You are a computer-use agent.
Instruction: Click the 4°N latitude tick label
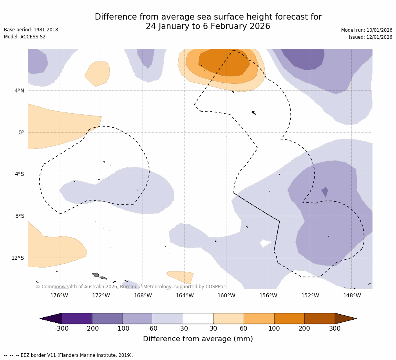point(19,91)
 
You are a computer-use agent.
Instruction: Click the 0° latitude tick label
point(21,132)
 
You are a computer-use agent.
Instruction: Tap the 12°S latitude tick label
point(18,258)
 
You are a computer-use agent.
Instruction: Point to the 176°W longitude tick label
point(59,295)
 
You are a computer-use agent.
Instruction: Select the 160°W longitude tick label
point(226,295)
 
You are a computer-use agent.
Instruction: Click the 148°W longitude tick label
point(352,295)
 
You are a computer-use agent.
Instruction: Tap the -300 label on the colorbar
point(61,329)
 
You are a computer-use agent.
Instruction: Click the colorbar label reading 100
point(274,329)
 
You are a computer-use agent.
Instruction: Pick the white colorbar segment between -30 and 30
point(198,318)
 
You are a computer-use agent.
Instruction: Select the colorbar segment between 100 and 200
point(289,318)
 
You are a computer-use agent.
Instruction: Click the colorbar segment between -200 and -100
point(107,318)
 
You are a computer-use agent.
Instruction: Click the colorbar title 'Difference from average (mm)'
point(198,339)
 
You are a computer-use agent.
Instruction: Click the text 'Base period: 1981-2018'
point(31,30)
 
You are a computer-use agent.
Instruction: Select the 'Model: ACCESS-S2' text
point(25,37)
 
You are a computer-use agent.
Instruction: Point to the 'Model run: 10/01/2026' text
point(367,30)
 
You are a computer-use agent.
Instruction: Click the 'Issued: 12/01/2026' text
point(371,37)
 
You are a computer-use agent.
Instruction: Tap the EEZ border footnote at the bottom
point(69,355)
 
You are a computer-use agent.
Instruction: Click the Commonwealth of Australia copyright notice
point(131,287)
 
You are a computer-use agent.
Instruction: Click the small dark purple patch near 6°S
point(325,192)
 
